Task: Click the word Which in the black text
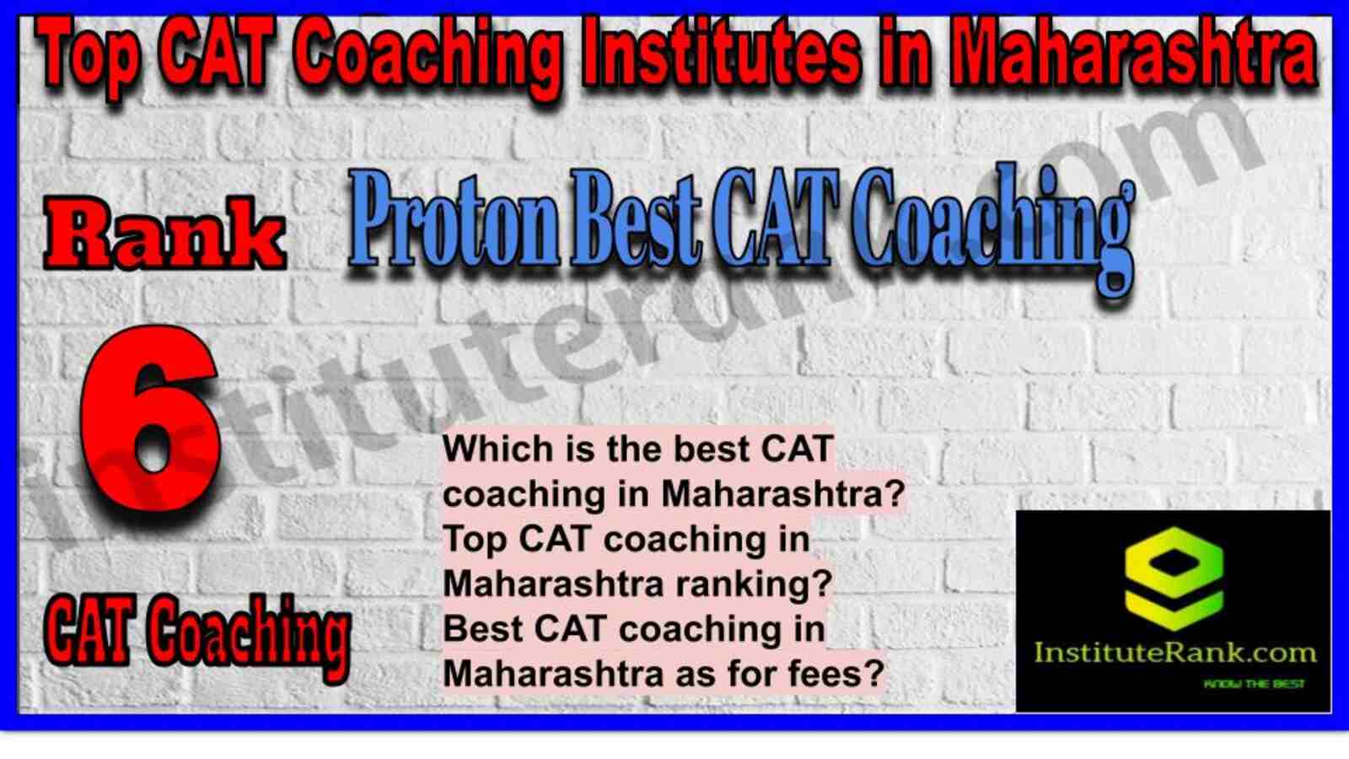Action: click(x=493, y=449)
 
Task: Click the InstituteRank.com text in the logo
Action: click(x=1174, y=654)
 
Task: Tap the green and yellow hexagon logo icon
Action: click(x=1174, y=579)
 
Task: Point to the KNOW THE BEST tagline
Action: click(x=1254, y=684)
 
